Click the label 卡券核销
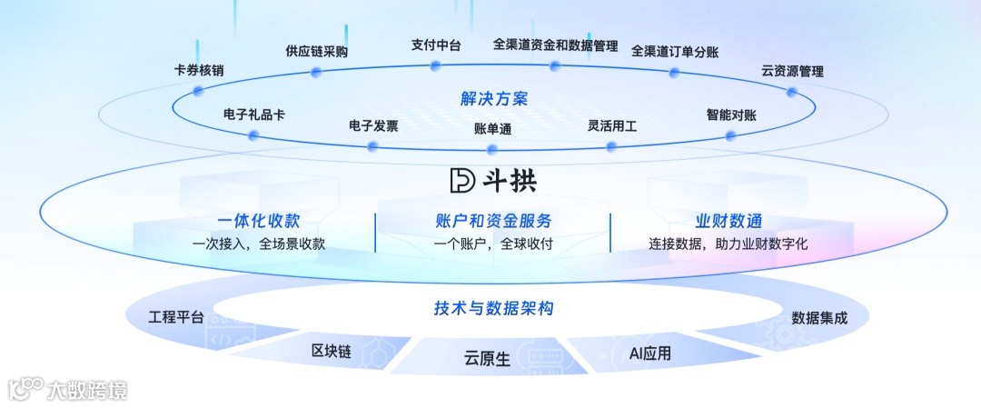(199, 70)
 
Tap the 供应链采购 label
(316, 52)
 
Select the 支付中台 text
(435, 45)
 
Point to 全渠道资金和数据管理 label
(555, 45)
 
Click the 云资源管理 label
(792, 71)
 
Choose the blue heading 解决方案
(493, 98)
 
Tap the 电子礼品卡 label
(254, 115)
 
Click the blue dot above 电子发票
(372, 145)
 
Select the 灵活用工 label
(612, 126)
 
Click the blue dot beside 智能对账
(730, 135)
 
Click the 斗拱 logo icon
(462, 180)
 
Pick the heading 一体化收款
(259, 221)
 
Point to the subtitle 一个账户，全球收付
(493, 244)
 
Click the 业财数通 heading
(728, 221)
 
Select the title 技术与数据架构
(493, 309)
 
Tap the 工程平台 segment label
(176, 317)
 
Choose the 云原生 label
(487, 359)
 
